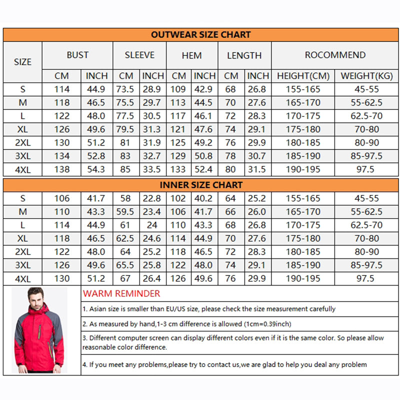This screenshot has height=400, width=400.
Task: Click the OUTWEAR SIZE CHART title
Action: tap(200, 34)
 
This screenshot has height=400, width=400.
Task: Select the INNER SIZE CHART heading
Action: tap(201, 185)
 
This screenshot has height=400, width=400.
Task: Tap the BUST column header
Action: tap(77, 55)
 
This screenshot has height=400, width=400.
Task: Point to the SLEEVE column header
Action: tap(139, 55)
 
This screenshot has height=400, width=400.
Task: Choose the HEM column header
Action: tap(191, 55)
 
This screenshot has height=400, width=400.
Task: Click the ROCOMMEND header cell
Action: tap(335, 55)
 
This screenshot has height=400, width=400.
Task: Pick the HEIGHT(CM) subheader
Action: tap(303, 76)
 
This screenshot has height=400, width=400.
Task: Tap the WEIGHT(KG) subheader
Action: tap(365, 76)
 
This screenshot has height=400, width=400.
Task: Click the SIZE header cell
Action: tap(22, 62)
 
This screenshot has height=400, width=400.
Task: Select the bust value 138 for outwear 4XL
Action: tap(62, 169)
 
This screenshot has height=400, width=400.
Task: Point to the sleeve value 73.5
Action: tap(125, 89)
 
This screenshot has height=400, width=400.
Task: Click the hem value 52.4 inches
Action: tap(204, 169)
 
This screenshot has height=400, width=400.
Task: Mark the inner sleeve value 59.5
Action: tap(125, 212)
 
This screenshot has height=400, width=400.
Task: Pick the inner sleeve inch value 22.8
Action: tap(152, 198)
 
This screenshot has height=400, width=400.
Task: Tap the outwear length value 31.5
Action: tap(257, 169)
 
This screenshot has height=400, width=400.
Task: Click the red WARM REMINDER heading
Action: tap(121, 293)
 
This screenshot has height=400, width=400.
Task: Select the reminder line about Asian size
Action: tap(209, 309)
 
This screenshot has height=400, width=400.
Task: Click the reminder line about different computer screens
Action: tap(233, 342)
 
